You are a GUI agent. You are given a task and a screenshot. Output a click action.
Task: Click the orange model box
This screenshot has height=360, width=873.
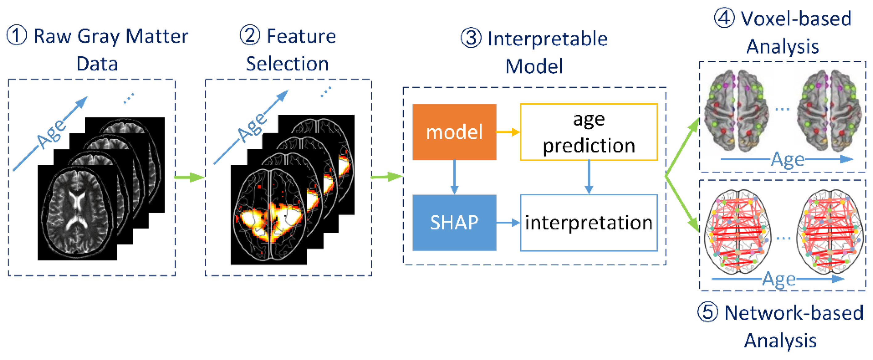coord(454,132)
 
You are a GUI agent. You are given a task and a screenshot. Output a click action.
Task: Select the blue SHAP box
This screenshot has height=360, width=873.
coord(454,222)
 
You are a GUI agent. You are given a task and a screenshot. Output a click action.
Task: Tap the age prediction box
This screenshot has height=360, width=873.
coord(589,132)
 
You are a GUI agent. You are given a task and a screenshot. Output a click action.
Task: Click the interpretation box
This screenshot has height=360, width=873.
coord(589,222)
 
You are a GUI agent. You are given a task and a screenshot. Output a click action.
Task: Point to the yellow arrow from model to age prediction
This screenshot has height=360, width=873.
coord(508,132)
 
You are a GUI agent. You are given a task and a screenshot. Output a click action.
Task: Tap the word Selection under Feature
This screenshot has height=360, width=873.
coord(287,63)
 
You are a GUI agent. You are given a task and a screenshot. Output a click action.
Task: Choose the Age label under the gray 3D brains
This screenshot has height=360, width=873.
coord(787,159)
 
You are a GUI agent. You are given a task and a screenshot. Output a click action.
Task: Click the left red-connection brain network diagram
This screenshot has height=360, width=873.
coord(737,231)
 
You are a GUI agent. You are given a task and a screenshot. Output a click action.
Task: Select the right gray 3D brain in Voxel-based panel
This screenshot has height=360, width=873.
coord(829,110)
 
